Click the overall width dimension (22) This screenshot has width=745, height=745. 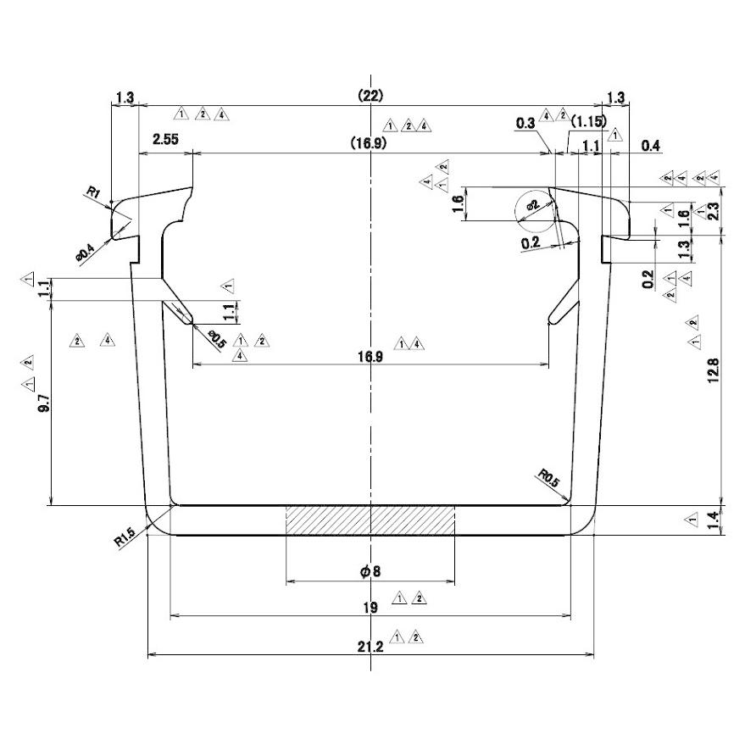point(370,96)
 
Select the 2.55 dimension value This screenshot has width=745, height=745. point(166,139)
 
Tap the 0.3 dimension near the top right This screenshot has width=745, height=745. point(525,124)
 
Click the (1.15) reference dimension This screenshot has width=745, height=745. point(587,121)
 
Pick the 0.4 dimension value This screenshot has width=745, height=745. point(651,147)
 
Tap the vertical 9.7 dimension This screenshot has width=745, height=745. point(43,402)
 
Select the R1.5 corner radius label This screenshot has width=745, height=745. point(125,537)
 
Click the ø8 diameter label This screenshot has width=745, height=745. point(370,571)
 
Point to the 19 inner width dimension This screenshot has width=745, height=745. point(370,606)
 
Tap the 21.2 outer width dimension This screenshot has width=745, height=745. point(370,646)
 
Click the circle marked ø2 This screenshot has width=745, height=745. point(537,208)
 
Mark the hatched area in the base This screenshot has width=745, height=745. point(370,520)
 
